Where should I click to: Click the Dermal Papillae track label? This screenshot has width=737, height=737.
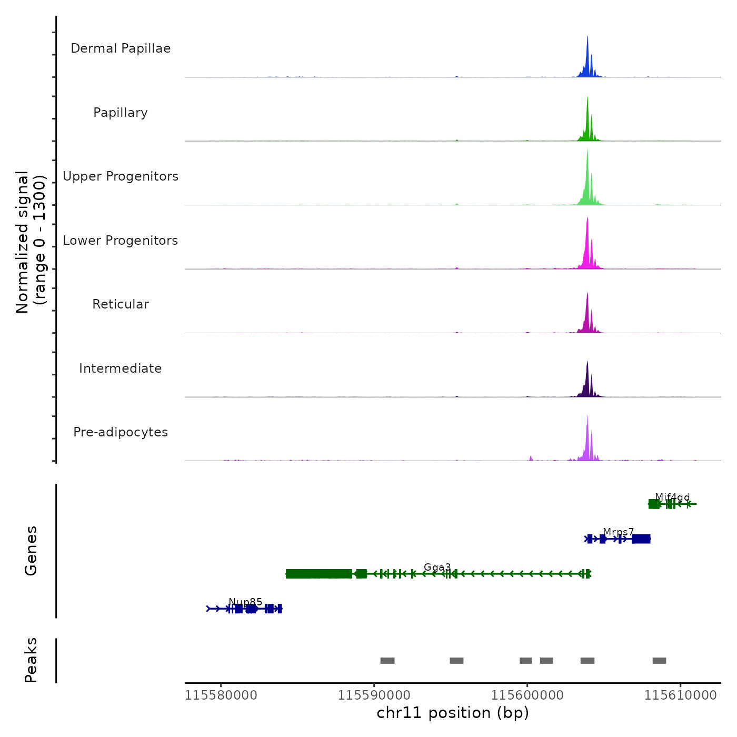121,48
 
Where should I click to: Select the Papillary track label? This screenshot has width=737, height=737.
121,113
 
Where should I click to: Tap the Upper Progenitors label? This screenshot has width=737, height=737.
121,176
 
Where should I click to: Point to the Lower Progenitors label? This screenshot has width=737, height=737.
121,241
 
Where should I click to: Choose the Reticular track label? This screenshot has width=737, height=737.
121,304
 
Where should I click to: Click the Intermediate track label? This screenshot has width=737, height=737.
121,368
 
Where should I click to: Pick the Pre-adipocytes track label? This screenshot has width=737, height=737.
121,432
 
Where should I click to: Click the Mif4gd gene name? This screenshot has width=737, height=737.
672,497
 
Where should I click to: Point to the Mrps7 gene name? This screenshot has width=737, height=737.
619,532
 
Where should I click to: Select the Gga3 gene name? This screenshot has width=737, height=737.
437,567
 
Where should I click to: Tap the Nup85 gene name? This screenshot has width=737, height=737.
245,602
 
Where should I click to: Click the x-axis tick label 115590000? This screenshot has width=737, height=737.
374,695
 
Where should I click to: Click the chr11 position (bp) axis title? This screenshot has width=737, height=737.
453,713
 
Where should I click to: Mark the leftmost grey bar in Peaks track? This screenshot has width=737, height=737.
387,661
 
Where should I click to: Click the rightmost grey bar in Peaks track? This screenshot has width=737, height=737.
659,661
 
